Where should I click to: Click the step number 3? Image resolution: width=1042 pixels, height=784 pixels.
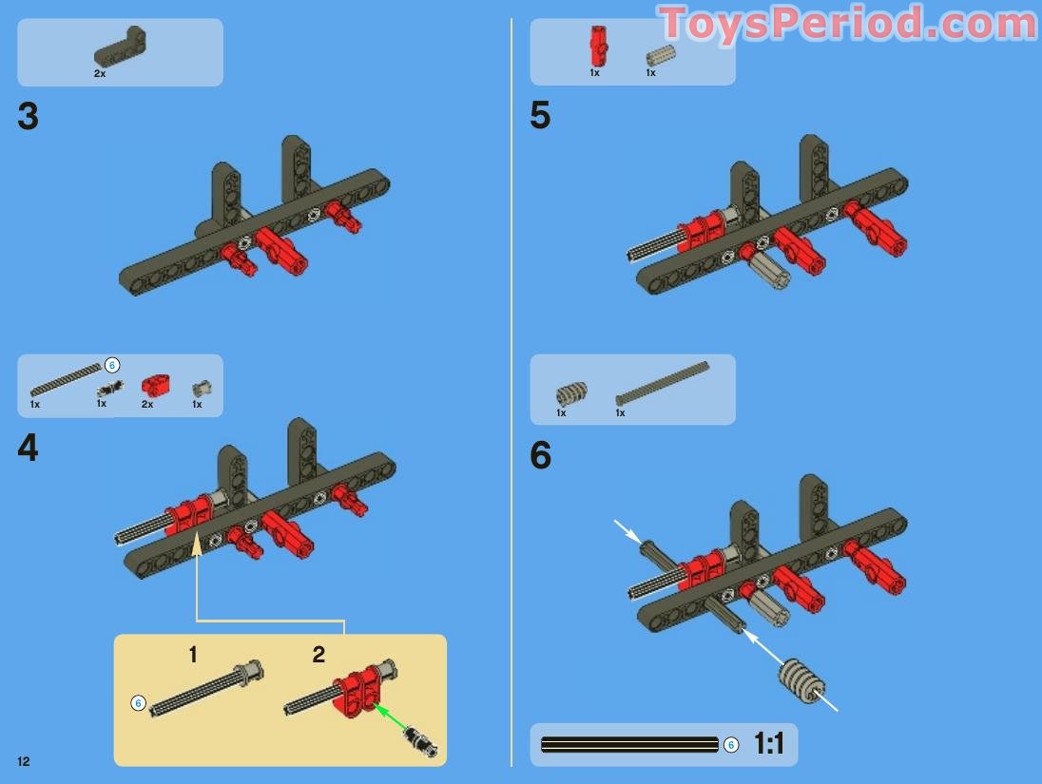[x=28, y=116]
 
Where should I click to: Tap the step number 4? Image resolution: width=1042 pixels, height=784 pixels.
[x=28, y=448]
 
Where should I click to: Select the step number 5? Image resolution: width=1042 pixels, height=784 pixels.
[x=540, y=115]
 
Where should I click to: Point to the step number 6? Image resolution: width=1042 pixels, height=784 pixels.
[x=541, y=455]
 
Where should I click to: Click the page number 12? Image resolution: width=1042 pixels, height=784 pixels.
[x=24, y=761]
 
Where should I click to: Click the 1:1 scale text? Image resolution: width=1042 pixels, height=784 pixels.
[x=769, y=743]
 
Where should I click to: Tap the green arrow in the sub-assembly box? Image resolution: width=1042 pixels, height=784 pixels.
[x=392, y=718]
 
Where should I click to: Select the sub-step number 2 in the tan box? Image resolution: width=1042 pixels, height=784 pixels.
[x=318, y=655]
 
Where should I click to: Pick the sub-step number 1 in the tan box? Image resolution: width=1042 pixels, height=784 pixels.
[x=193, y=655]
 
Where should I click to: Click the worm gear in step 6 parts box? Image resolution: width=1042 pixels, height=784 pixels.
[x=570, y=393]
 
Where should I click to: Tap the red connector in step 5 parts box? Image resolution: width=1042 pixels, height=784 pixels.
[x=597, y=46]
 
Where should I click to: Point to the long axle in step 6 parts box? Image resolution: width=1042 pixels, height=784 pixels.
[x=663, y=383]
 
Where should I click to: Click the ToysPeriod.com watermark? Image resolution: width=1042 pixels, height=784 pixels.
[x=848, y=24]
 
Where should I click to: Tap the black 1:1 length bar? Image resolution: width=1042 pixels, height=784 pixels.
[x=629, y=744]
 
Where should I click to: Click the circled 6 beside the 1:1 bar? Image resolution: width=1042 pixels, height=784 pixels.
[x=731, y=745]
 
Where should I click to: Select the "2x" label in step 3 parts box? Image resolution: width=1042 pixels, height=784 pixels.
[x=100, y=74]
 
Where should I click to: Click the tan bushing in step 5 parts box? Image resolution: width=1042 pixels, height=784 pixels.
[x=661, y=55]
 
